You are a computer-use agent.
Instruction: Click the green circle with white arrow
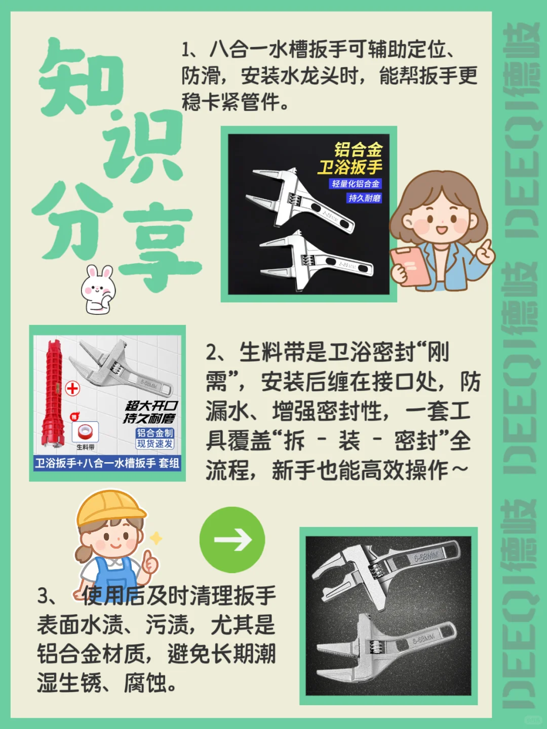click(232, 540)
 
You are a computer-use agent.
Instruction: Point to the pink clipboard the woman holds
click(409, 266)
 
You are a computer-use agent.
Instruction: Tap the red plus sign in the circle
click(72, 388)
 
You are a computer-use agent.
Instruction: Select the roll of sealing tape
click(85, 432)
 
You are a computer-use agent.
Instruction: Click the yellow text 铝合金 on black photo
click(358, 149)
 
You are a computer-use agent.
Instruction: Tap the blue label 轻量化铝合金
click(356, 184)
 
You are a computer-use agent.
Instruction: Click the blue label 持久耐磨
click(364, 198)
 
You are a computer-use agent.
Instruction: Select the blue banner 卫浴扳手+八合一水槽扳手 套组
click(107, 463)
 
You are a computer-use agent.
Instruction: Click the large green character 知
click(81, 76)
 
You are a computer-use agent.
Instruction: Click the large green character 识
click(144, 147)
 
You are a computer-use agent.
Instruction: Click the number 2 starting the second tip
click(211, 352)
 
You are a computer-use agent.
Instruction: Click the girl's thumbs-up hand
click(150, 561)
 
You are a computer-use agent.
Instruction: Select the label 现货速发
click(155, 444)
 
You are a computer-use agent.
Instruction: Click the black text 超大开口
click(151, 406)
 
